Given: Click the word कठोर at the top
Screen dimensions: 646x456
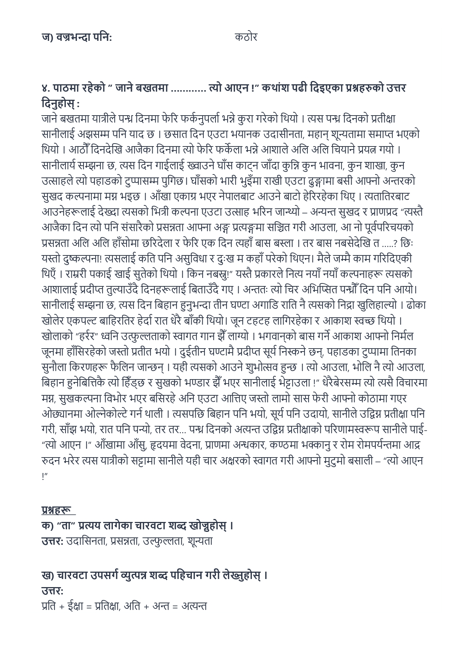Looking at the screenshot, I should [x=246, y=37].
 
